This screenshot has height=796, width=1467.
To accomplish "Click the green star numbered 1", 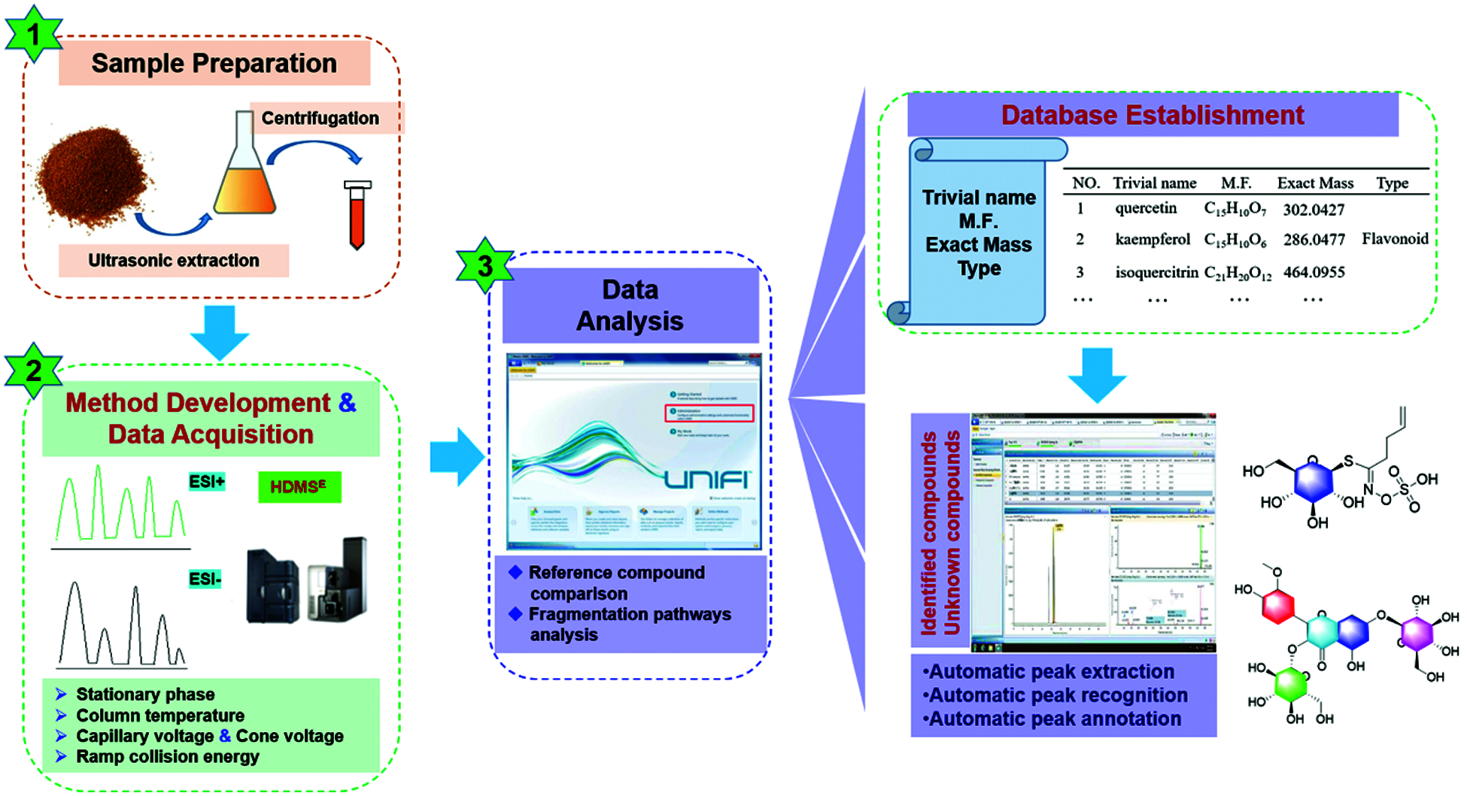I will (33, 34).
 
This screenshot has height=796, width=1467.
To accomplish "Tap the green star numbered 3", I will (485, 265).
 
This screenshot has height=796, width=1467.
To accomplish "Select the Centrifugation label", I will (321, 118).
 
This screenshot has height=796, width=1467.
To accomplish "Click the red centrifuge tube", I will (357, 215).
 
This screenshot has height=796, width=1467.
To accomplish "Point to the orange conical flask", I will (244, 173).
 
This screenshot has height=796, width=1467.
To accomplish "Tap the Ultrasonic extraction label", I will (174, 261).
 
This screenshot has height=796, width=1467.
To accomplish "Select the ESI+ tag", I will (207, 481).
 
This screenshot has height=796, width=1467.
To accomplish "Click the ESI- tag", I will (205, 579).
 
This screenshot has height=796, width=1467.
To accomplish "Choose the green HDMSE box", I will (299, 487).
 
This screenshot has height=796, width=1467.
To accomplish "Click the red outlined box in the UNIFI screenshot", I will (709, 413).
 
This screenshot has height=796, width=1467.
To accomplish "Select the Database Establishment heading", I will (1153, 115).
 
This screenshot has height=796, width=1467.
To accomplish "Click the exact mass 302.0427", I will (1314, 210).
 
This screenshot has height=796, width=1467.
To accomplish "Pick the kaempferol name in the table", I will (1153, 240).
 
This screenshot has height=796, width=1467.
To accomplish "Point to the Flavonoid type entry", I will (1395, 239).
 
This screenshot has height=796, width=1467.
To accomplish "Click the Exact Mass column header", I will (1315, 183).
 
